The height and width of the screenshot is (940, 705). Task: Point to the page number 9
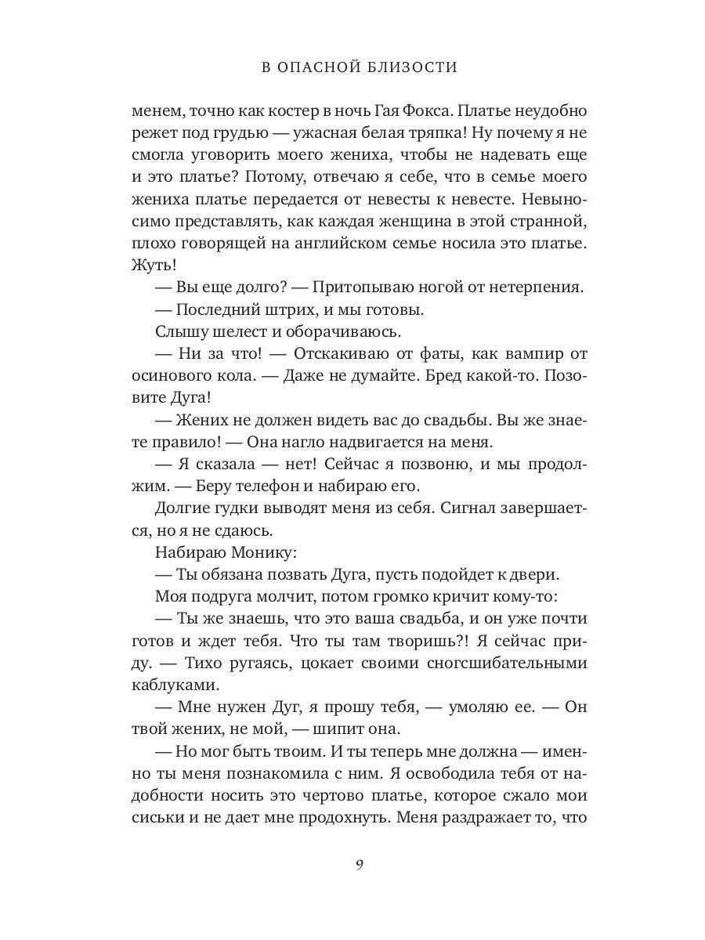pos(359,865)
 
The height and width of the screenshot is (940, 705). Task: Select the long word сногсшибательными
pos(501,663)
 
